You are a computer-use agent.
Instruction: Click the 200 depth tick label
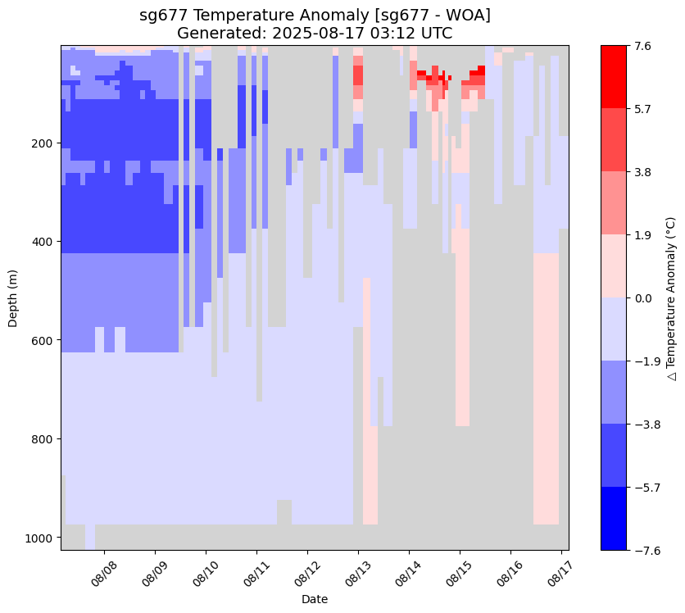[42, 143]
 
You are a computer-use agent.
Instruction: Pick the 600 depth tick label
[42, 340]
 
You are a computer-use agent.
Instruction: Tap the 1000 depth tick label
[39, 538]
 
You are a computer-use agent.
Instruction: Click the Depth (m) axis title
[12, 297]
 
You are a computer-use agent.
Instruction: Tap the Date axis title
[315, 599]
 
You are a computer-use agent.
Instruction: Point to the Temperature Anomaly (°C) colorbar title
[670, 297]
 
